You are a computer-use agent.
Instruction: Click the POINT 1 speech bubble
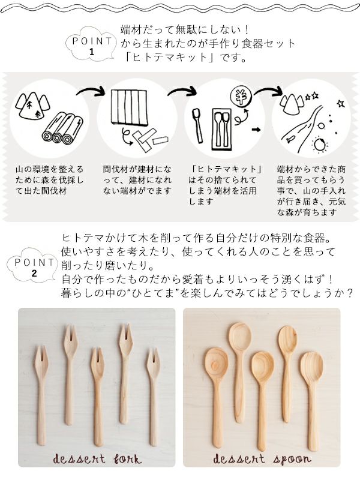[92, 44]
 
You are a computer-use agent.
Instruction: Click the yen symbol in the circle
[241, 97]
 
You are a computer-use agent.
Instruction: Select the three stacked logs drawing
[63, 128]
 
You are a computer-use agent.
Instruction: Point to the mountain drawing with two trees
[32, 106]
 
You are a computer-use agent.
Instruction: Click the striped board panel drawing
[129, 107]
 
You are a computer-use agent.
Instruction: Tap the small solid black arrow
[256, 130]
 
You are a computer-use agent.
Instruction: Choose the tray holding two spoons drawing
[222, 129]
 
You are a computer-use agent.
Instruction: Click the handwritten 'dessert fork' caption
[97, 459]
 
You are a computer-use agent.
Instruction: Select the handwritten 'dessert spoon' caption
[262, 459]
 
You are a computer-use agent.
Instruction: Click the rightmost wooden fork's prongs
[153, 364]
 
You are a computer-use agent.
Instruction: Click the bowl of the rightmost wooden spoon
[311, 367]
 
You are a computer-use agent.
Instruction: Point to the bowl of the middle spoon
[262, 367]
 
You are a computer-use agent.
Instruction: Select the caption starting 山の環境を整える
[49, 180]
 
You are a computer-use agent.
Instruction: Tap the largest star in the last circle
[340, 103]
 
